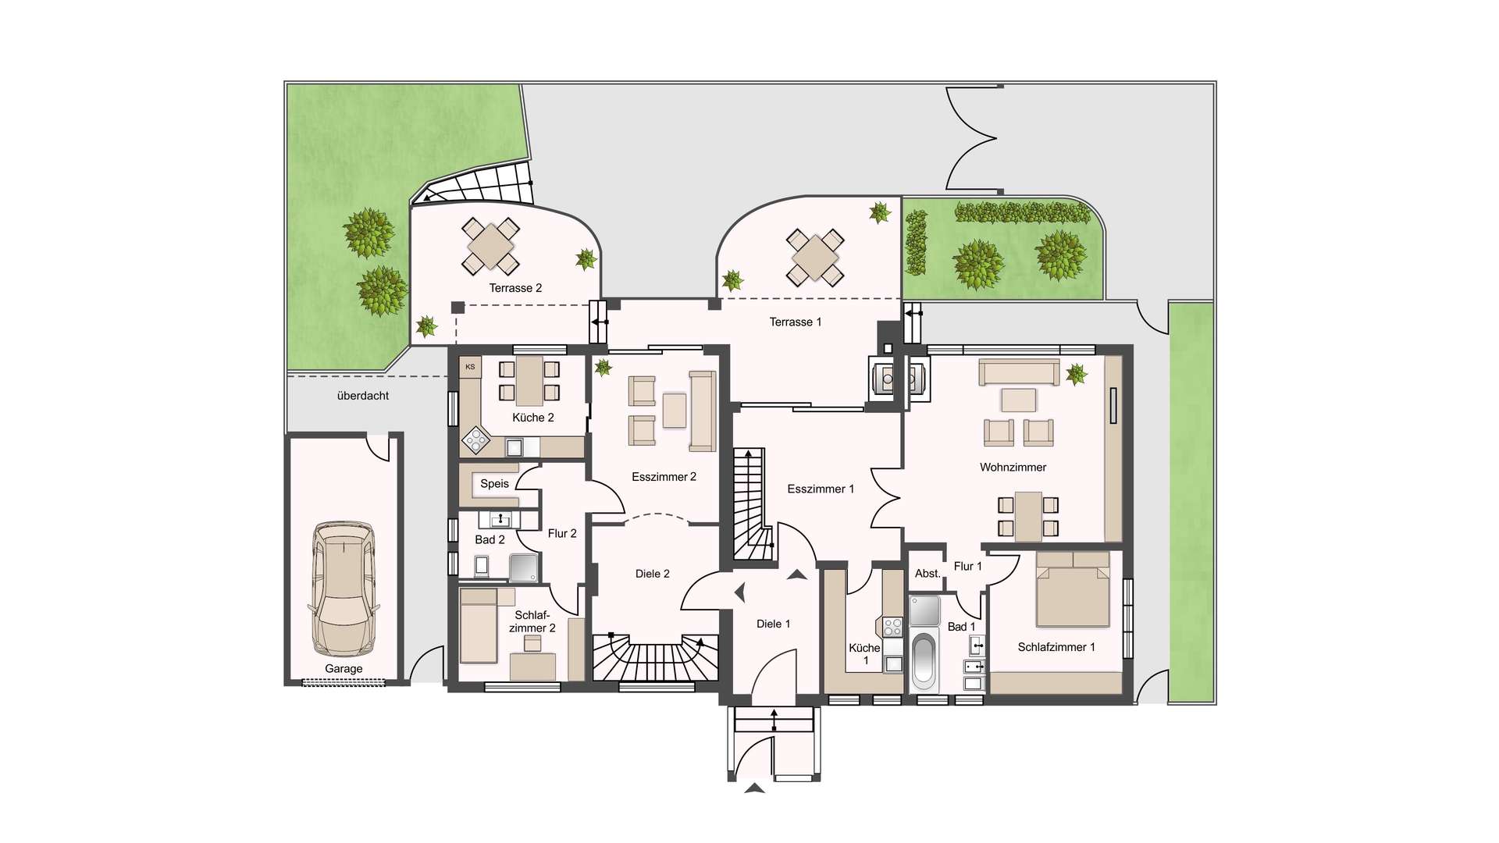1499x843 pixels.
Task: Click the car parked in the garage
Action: (344, 589)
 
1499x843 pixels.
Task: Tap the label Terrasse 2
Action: (515, 288)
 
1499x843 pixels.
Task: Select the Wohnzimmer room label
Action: (1013, 468)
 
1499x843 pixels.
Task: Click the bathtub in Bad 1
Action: (924, 660)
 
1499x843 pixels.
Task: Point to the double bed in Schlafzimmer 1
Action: (1073, 589)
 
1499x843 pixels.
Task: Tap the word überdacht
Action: (363, 396)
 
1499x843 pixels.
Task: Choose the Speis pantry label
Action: (494, 484)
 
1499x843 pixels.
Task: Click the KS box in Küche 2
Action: (470, 367)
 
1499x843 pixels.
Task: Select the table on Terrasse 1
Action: (815, 257)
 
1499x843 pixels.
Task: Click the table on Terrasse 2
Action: (490, 246)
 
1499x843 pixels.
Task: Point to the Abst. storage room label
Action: (928, 574)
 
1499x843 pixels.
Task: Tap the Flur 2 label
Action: (562, 534)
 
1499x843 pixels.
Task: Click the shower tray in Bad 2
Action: (524, 567)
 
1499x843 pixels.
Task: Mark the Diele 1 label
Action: (774, 624)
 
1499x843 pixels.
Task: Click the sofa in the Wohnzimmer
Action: (1019, 372)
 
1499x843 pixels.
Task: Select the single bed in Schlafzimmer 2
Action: (479, 625)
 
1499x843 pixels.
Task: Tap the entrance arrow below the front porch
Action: (755, 788)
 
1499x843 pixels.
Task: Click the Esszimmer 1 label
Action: (821, 489)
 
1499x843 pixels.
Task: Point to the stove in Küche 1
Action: (893, 627)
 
